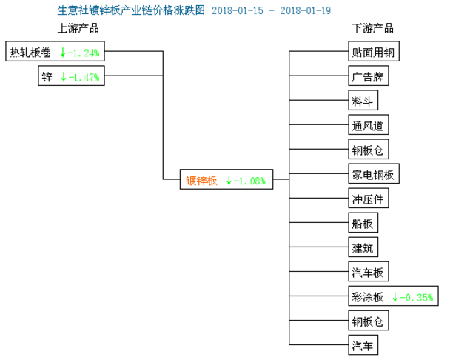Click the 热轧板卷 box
pos(55,51)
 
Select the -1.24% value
pos(84,53)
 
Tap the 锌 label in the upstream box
pos(47,77)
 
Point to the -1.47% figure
pos(84,77)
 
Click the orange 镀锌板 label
pos(201,181)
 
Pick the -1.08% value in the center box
pos(250,181)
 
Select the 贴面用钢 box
pos(374,51)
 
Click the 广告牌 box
pos(369,76)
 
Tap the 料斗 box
pos(363,100)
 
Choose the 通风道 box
pos(369,124)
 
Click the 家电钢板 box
pos(374,173)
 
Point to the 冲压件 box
pos(369,198)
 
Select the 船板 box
pos(363,222)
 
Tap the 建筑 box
pos(363,247)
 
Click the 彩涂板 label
pos(367,297)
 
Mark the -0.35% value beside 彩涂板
pos(417,298)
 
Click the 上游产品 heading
pos(78,28)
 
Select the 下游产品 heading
pos(372,28)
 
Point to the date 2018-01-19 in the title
pos(306,10)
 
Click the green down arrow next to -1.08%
pos(229,181)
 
